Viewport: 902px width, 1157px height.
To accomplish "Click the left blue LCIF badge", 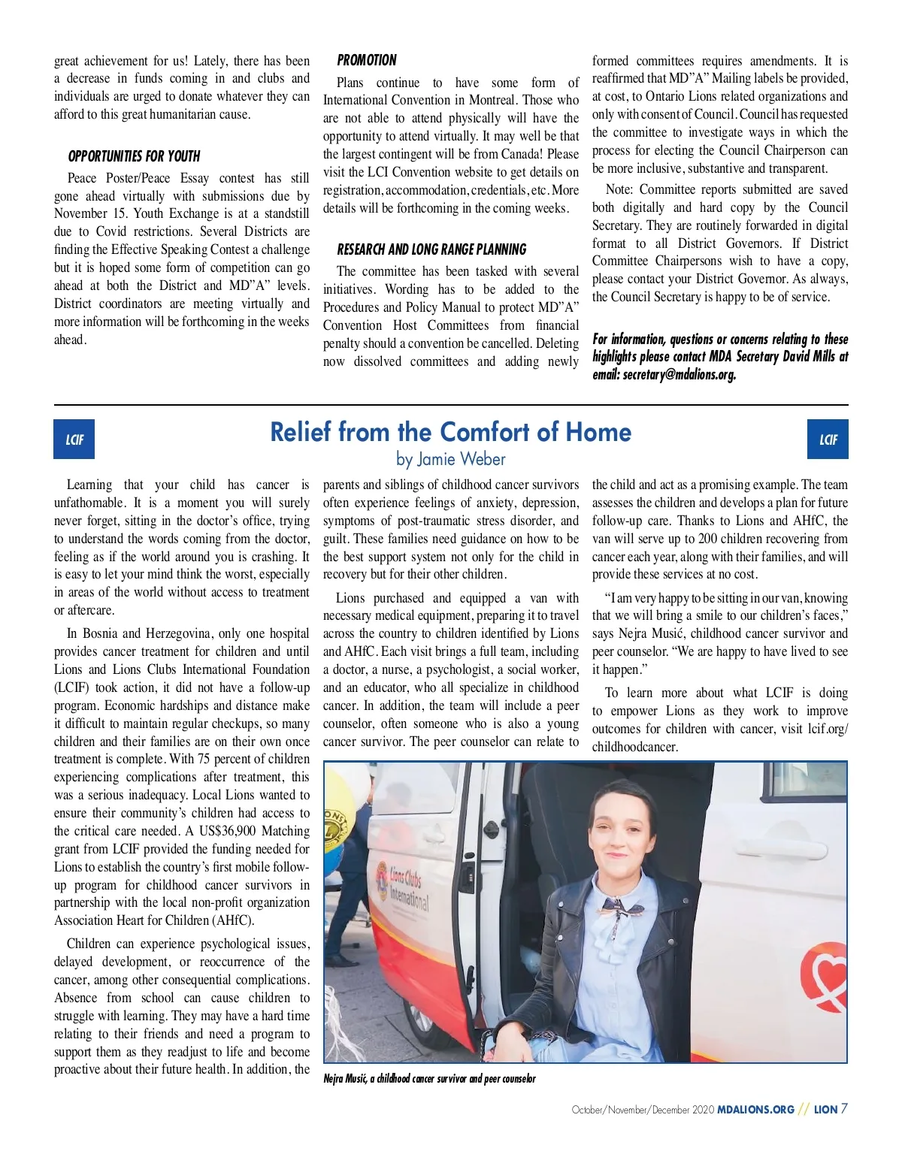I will tap(74, 440).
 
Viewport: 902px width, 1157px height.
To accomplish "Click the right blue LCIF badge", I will tap(828, 440).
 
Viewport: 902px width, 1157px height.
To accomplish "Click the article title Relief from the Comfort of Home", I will tap(450, 432).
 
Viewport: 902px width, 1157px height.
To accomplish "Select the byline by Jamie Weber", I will tap(450, 459).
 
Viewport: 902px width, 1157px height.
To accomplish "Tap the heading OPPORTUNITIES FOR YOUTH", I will tap(134, 156).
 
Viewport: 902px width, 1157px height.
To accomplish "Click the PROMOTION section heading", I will tap(367, 60).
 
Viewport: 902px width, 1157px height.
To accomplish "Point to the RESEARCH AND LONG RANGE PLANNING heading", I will tap(431, 249).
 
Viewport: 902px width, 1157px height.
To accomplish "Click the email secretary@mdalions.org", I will tap(680, 374).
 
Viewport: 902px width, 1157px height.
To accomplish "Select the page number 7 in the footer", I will tap(844, 1109).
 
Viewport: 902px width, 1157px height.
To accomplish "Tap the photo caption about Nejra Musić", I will tap(429, 1079).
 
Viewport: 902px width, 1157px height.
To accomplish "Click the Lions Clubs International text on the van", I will tap(407, 887).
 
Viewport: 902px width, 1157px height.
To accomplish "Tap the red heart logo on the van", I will tap(827, 977).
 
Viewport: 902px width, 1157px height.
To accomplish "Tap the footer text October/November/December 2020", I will tap(642, 1110).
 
